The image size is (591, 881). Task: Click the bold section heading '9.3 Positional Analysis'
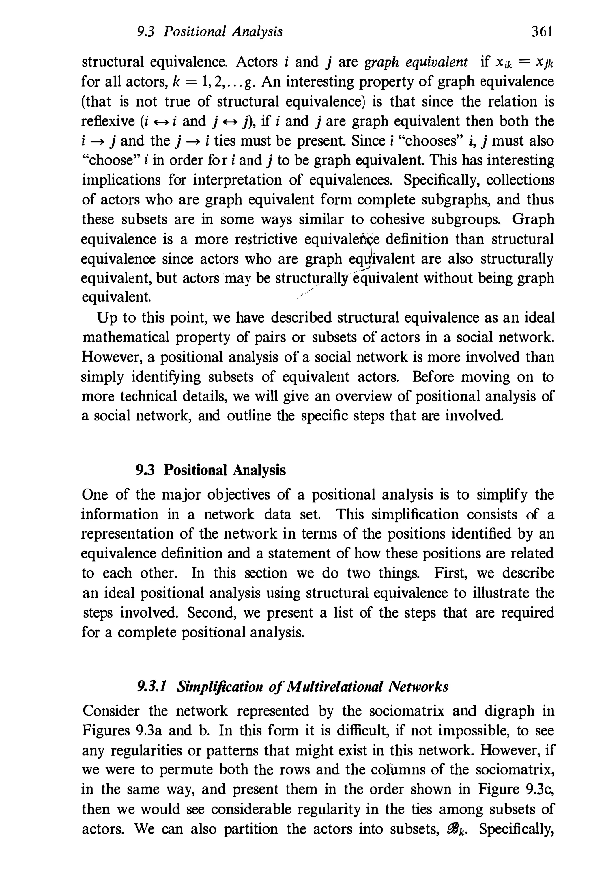[211, 470]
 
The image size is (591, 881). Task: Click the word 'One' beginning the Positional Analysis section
[94, 494]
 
